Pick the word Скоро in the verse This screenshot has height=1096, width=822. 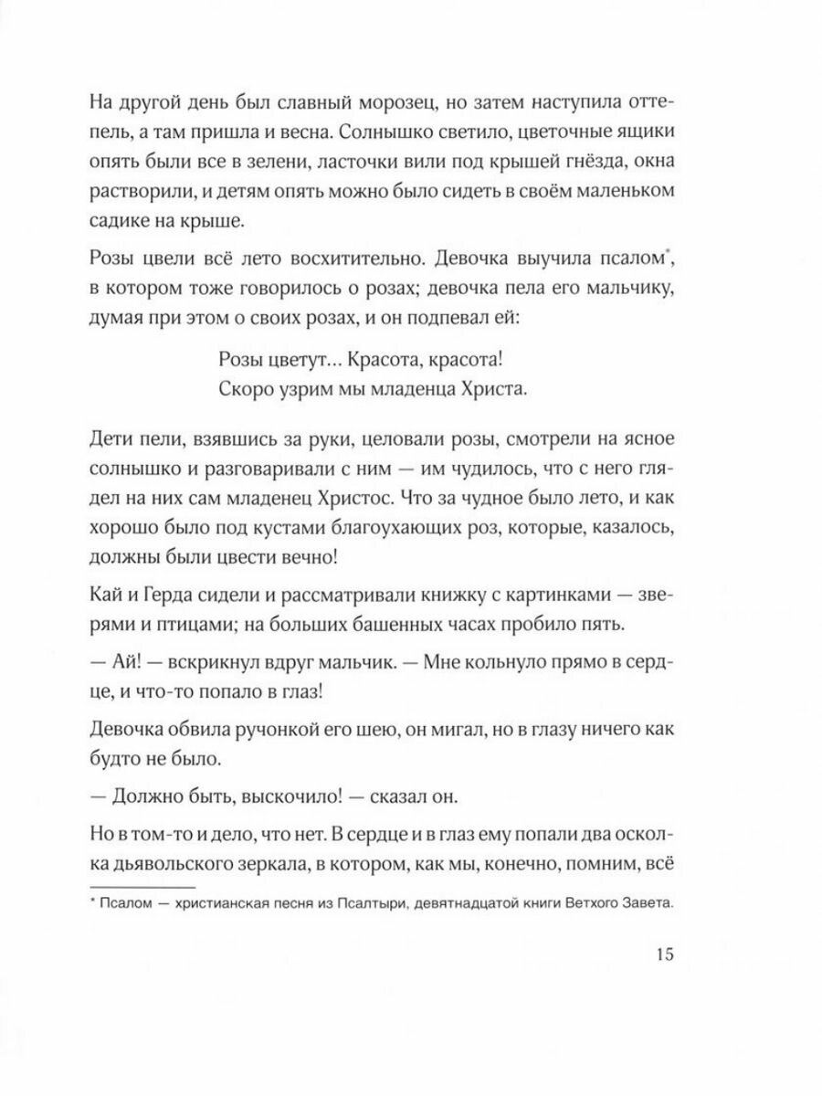[x=250, y=387]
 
